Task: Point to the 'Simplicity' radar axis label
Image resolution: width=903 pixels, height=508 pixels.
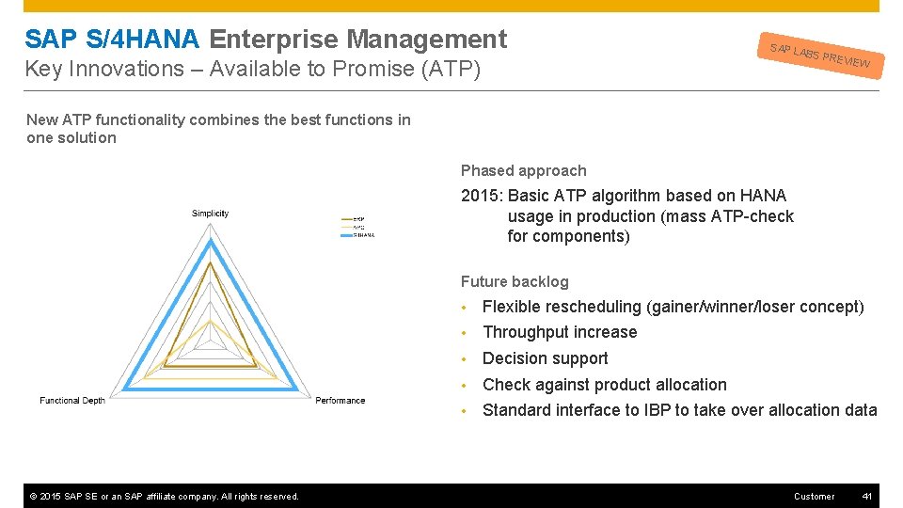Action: [x=210, y=214]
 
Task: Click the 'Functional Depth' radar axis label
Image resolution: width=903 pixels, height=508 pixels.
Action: [x=72, y=401]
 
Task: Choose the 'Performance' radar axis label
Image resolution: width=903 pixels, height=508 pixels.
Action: [x=340, y=401]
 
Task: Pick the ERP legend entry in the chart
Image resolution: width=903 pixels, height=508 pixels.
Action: [x=357, y=219]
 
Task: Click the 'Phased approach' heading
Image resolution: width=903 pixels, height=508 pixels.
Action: [x=523, y=171]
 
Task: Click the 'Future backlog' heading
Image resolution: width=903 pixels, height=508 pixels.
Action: [x=515, y=281]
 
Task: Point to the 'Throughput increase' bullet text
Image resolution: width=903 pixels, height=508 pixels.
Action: [x=560, y=332]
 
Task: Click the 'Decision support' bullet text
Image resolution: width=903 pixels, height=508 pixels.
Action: [x=545, y=358]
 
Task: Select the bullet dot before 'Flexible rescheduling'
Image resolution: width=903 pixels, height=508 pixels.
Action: [x=465, y=308]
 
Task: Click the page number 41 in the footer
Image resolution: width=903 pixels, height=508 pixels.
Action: [x=866, y=496]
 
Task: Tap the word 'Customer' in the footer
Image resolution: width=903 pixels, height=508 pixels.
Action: [x=814, y=496]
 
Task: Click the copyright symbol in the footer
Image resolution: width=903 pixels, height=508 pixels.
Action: [x=31, y=497]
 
